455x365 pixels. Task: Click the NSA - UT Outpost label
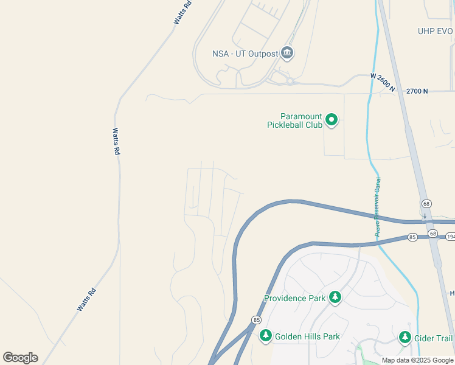coord(245,54)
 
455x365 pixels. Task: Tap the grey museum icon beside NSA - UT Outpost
coord(288,54)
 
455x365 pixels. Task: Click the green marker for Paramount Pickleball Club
coord(332,120)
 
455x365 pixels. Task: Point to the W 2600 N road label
coord(383,83)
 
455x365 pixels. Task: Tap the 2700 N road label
coord(417,91)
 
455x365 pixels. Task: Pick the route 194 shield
coord(450,236)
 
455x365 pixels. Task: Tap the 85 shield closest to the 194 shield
coord(412,237)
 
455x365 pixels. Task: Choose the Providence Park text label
coord(295,298)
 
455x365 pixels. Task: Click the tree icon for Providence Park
coord(335,297)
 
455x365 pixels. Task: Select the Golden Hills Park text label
coord(307,336)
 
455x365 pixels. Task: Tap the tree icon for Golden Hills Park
coord(265,336)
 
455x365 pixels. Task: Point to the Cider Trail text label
coord(434,338)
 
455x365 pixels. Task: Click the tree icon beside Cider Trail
coord(405,338)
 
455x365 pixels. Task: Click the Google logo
coord(20,358)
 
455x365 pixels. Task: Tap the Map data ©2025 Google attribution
coord(417,360)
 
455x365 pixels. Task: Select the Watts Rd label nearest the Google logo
coord(86,300)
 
